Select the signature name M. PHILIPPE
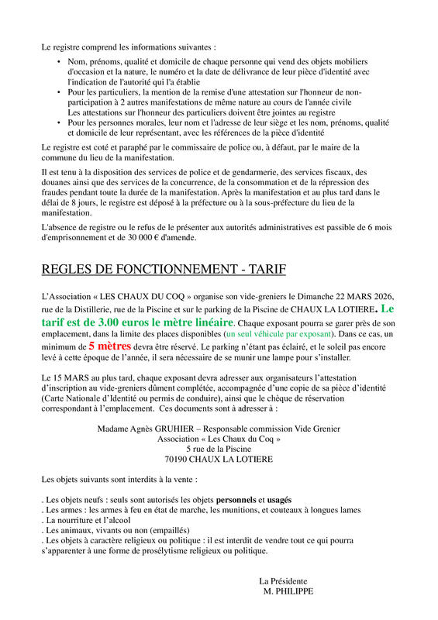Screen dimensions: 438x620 289,591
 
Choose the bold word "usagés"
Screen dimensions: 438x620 280,500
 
